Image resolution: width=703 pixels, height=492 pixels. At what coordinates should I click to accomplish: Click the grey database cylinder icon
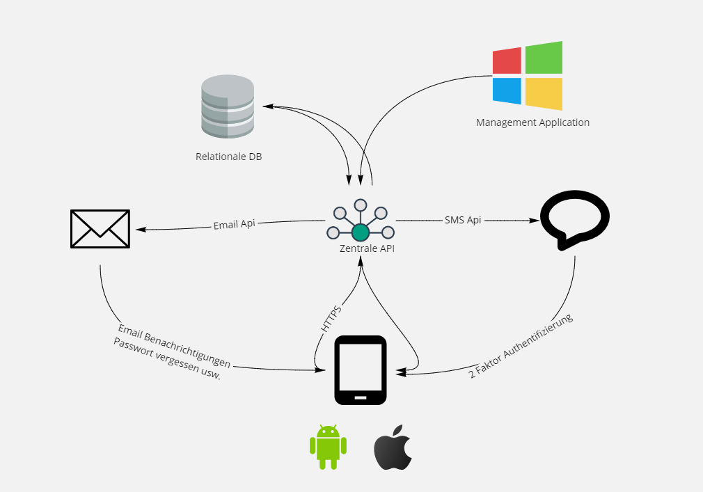(228, 106)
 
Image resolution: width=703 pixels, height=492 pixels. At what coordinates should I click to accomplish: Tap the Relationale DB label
(229, 157)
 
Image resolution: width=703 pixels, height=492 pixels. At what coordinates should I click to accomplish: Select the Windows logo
(528, 76)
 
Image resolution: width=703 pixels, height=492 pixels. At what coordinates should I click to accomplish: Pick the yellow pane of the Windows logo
(544, 93)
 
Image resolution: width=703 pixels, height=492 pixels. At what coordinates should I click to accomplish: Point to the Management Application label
(532, 122)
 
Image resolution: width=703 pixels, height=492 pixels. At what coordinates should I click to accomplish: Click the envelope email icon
(100, 228)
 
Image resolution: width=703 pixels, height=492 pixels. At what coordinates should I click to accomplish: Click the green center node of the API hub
(361, 232)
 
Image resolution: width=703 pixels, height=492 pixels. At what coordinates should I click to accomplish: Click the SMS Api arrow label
(463, 220)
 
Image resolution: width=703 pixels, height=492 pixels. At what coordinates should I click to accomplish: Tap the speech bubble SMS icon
(575, 219)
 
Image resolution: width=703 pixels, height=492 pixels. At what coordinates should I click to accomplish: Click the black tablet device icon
(361, 370)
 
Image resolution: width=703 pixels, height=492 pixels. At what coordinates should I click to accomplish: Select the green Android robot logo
(328, 446)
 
